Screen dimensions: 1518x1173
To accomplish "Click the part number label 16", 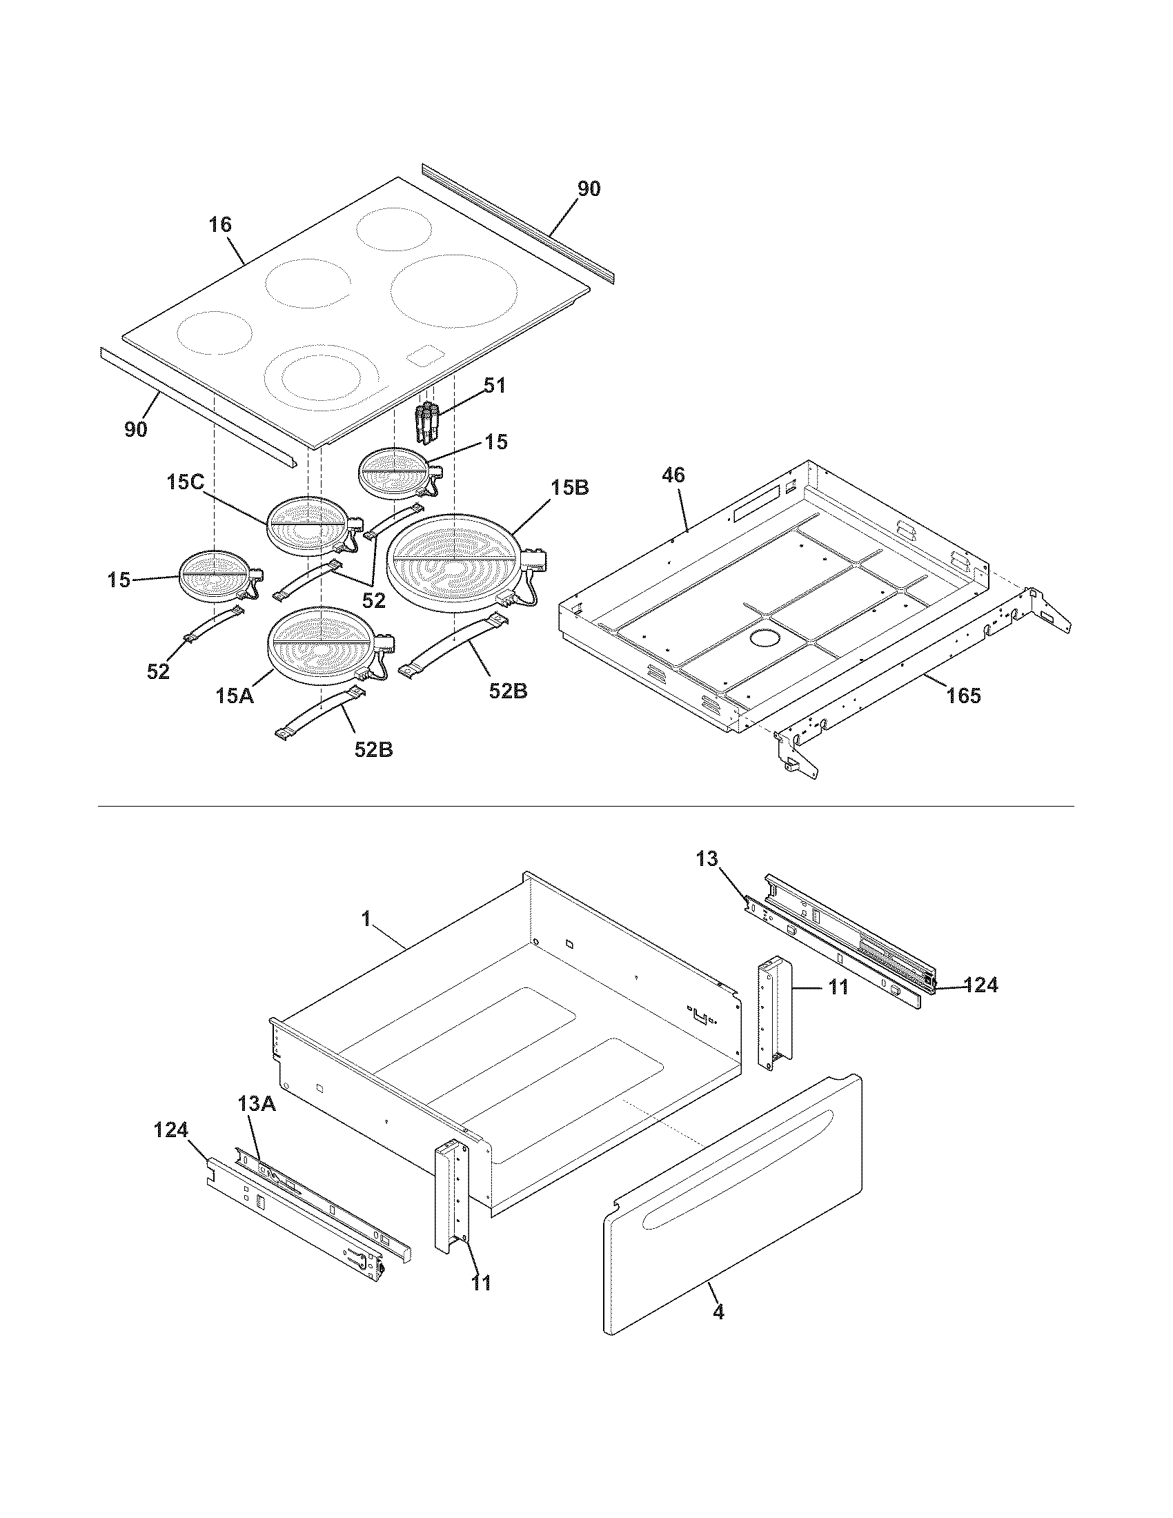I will [220, 225].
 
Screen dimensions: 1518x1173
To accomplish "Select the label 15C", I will [185, 482].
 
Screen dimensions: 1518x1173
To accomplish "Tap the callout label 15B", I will [570, 488].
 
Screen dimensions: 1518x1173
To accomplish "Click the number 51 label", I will [494, 385].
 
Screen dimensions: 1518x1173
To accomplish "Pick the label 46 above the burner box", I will [673, 475].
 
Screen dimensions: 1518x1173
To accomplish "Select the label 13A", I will [257, 1103].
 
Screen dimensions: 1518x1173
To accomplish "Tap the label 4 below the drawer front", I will [718, 1312].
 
